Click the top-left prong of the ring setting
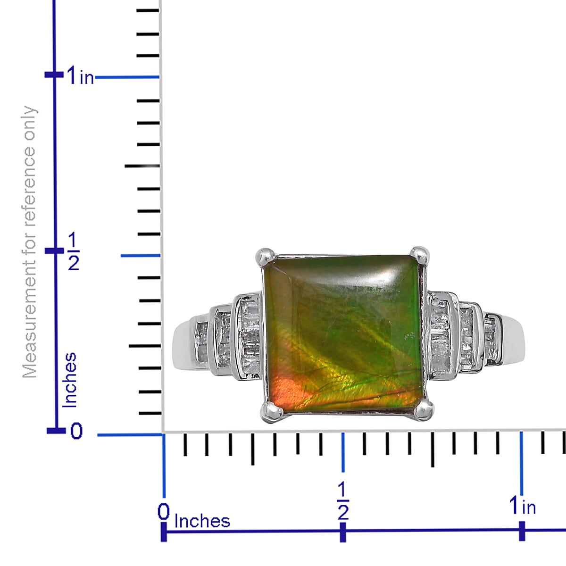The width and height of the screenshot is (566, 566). point(265,258)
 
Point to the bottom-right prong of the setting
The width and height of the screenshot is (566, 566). point(423,410)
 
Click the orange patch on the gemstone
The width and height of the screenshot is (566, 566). point(286,391)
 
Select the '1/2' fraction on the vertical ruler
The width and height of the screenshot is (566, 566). point(74,251)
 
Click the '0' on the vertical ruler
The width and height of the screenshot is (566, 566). point(76,432)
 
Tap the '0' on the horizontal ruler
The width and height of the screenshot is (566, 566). point(164,512)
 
